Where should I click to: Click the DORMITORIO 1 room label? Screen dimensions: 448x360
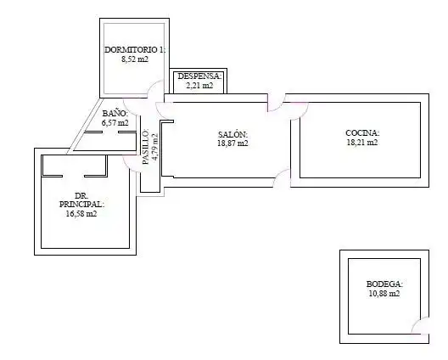[x=135, y=50]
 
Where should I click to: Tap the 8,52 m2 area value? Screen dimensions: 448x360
[x=135, y=59]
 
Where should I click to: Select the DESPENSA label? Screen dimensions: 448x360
[x=199, y=76]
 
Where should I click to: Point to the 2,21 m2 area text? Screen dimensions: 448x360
[x=199, y=86]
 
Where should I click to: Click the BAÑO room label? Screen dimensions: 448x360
[x=115, y=113]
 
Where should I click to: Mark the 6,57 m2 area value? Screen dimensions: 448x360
[x=115, y=123]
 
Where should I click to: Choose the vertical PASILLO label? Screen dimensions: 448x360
[x=146, y=147]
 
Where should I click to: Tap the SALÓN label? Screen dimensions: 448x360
[x=232, y=134]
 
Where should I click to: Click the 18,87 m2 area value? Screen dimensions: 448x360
[x=232, y=143]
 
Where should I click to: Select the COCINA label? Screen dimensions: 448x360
[x=362, y=133]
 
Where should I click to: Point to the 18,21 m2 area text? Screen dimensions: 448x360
[x=362, y=143]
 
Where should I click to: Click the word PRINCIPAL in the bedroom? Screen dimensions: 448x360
[x=81, y=205]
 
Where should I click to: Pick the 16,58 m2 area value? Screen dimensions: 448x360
[x=81, y=214]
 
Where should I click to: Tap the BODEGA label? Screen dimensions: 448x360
[x=384, y=284]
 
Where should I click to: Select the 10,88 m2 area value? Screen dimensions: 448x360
[x=384, y=294]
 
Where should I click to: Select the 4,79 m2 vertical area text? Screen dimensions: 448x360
[x=155, y=147]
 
